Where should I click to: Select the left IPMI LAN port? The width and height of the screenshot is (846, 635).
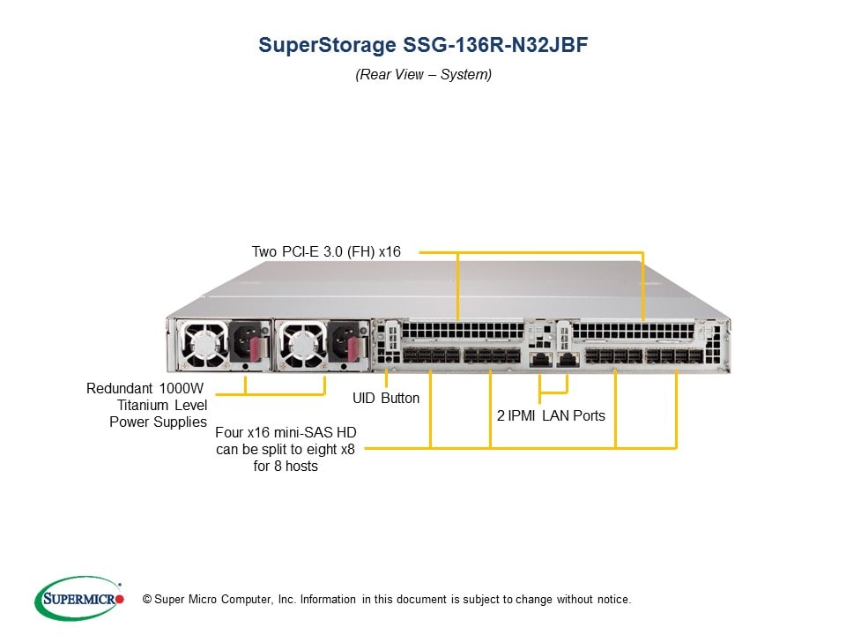(538, 360)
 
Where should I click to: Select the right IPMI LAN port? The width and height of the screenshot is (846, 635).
(568, 360)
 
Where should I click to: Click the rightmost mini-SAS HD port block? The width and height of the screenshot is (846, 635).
(675, 357)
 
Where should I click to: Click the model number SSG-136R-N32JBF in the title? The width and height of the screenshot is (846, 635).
(493, 45)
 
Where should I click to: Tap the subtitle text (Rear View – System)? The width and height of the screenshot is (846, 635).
(423, 75)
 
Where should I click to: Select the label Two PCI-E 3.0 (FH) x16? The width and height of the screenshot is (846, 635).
(326, 252)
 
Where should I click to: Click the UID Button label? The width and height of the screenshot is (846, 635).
(386, 399)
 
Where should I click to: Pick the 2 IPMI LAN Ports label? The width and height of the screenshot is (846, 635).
(551, 415)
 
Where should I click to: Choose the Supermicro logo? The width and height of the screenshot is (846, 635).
(78, 599)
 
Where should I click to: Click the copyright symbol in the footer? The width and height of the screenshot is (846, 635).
(135, 600)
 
